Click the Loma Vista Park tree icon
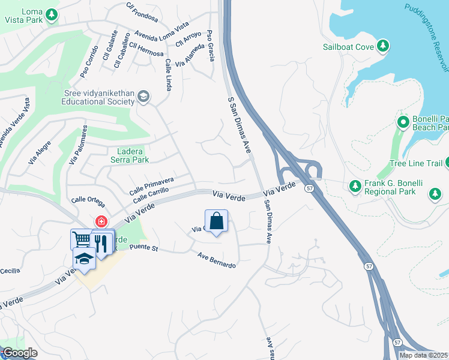[x=53, y=14]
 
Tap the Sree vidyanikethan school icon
[x=143, y=97]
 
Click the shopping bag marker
[x=216, y=221]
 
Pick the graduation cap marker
[x=85, y=259]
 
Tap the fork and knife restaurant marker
[x=101, y=242]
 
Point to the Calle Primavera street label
[x=151, y=185]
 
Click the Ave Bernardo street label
[x=217, y=260]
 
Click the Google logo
[x=19, y=353]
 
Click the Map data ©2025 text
[x=424, y=355]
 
